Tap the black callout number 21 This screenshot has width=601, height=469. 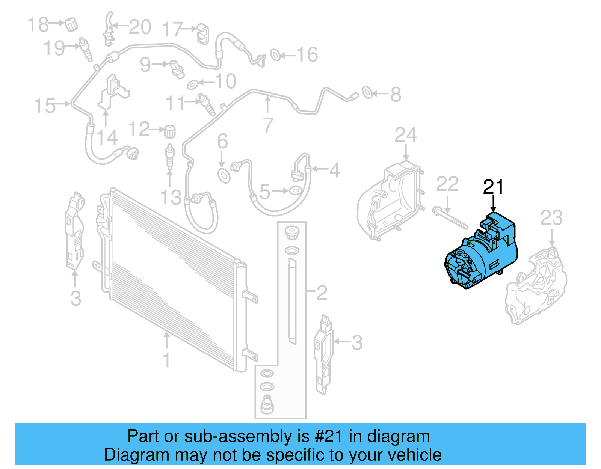(x=493, y=187)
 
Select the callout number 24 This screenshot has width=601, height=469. (x=406, y=135)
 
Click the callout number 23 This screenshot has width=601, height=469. (x=551, y=218)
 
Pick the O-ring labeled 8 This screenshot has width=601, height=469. (x=367, y=92)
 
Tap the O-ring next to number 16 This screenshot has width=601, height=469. (x=275, y=55)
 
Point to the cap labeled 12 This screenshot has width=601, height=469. (x=170, y=131)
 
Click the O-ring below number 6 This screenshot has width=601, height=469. (x=224, y=175)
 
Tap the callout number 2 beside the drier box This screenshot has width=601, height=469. (x=322, y=293)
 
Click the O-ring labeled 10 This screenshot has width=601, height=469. (x=192, y=84)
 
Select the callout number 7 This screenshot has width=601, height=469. (x=268, y=125)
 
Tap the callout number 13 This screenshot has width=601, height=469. (x=171, y=198)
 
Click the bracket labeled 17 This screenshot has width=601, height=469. (x=203, y=34)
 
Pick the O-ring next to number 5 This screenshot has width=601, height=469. (x=296, y=191)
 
